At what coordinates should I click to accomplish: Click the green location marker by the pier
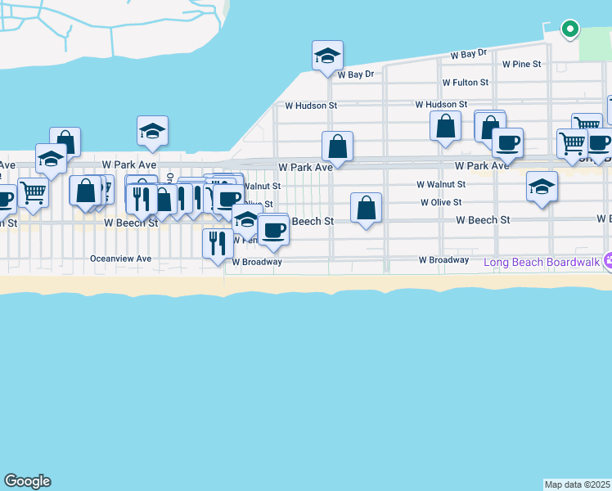(x=569, y=30)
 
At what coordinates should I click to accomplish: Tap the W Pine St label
(x=522, y=64)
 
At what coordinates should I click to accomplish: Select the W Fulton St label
(x=465, y=83)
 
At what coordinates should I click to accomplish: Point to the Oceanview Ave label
(x=121, y=259)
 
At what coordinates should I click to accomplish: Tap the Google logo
(x=27, y=481)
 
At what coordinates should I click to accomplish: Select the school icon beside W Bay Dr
(x=327, y=56)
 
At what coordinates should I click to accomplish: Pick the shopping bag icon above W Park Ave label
(x=337, y=148)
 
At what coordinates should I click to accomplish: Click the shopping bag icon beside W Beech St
(x=366, y=208)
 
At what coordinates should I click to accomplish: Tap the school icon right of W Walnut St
(x=542, y=187)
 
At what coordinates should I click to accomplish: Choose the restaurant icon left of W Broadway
(x=217, y=243)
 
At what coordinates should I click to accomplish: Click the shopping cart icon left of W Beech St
(x=33, y=193)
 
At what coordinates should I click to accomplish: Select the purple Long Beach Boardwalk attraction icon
(x=607, y=261)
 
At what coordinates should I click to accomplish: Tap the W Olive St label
(x=441, y=202)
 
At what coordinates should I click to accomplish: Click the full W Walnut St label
(x=440, y=185)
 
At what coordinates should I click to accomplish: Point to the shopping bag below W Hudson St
(x=444, y=127)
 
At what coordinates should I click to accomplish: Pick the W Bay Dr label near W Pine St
(x=469, y=53)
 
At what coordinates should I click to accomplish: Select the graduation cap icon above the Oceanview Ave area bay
(x=152, y=131)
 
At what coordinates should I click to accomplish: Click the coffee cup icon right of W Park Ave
(x=507, y=142)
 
